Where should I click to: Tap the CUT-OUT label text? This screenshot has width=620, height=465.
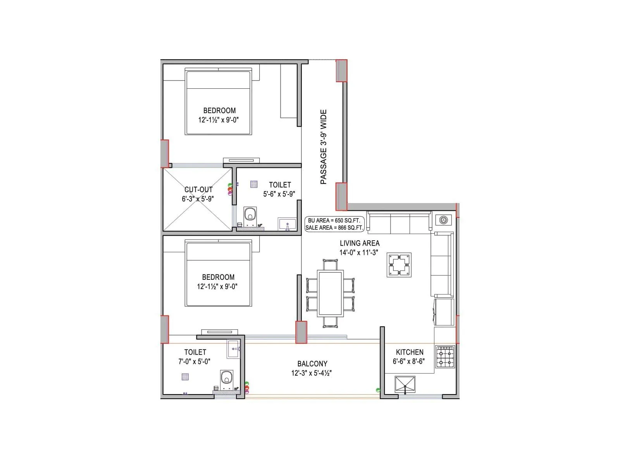[x=198, y=189]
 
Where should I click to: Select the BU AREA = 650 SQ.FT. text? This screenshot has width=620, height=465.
[x=334, y=220]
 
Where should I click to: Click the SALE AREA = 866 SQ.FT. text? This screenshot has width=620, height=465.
[x=334, y=228]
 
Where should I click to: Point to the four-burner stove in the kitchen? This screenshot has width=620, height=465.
[x=445, y=356]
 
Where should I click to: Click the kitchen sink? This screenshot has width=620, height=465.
[x=405, y=384]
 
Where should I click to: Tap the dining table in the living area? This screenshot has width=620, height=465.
[x=330, y=293]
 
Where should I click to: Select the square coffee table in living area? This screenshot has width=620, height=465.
[x=399, y=265]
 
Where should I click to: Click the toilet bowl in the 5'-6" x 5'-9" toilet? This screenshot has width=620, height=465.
[x=250, y=214]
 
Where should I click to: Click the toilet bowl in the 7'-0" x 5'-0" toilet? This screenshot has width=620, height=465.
[x=227, y=377]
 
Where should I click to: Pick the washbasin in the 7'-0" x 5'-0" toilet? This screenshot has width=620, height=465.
[x=234, y=349]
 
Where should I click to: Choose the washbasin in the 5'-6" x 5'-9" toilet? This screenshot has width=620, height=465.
[x=287, y=224]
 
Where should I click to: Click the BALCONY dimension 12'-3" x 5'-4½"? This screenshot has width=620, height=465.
[x=312, y=373]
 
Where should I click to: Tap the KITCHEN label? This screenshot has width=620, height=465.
[x=410, y=352]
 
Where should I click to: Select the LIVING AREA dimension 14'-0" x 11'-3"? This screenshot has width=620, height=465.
[x=358, y=253]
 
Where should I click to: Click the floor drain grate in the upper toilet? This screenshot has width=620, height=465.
[x=254, y=184]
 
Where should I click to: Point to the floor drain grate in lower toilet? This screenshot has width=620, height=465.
[x=185, y=377]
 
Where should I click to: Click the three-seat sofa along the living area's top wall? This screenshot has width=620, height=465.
[x=399, y=223]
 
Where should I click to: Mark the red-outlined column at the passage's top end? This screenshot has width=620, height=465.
[x=341, y=71]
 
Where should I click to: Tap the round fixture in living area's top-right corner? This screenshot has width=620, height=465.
[x=443, y=220]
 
